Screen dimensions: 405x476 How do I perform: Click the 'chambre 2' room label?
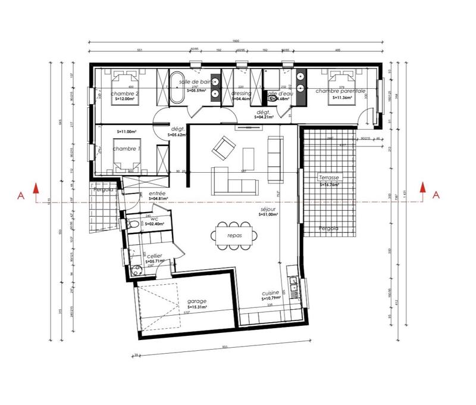click(x=125, y=94)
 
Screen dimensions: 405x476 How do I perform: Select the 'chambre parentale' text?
click(x=340, y=91)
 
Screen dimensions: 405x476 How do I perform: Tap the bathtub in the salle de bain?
click(x=177, y=89)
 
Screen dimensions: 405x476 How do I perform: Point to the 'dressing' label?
click(x=241, y=94)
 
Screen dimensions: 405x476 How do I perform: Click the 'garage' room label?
click(x=196, y=301)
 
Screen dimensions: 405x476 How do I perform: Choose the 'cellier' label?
click(x=154, y=256)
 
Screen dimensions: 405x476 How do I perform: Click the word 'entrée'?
click(x=158, y=194)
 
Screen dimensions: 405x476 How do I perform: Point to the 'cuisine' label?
click(x=271, y=294)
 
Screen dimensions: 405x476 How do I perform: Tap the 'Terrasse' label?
click(x=328, y=177)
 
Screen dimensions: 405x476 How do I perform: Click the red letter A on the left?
click(x=20, y=194)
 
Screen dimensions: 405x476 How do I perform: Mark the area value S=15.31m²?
click(x=196, y=307)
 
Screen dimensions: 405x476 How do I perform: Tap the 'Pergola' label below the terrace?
click(x=328, y=228)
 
